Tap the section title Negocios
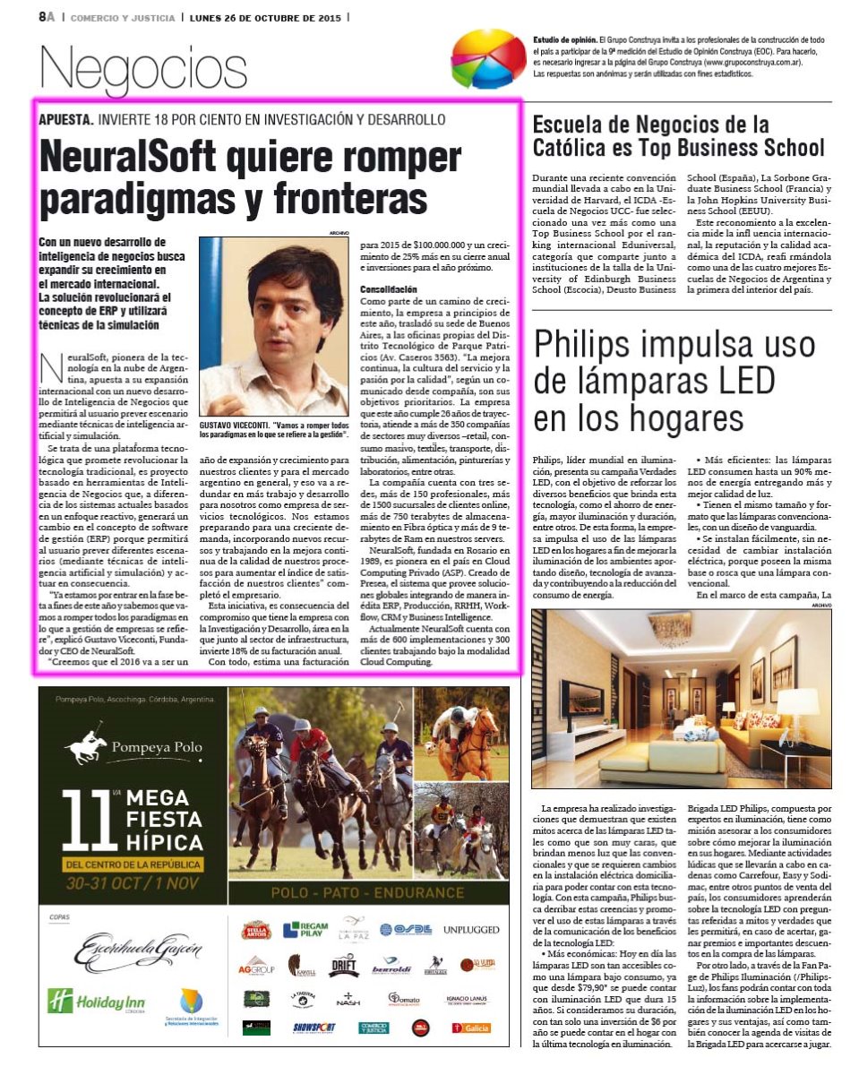click(x=143, y=71)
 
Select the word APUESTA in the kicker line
click(x=65, y=119)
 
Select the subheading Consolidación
click(x=388, y=290)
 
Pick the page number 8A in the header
click(x=47, y=16)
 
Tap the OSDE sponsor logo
click(x=405, y=929)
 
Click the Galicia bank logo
click(x=469, y=1028)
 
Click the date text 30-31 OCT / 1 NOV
click(x=132, y=882)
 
